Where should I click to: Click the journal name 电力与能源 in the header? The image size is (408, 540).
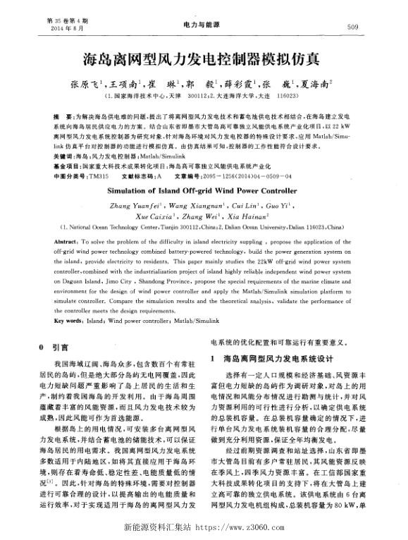point(204,25)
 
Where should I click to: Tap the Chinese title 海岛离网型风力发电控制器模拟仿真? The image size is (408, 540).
point(204,57)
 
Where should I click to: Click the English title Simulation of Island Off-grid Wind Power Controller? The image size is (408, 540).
point(204,190)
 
